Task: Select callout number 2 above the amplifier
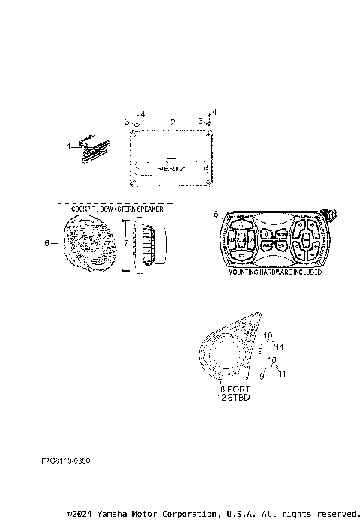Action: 172,122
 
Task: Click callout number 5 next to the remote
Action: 217,214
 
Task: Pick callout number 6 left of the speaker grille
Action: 46,243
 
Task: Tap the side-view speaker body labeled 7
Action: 147,244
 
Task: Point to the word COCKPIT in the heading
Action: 84,209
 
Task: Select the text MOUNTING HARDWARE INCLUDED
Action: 274,272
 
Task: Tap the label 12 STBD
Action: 233,398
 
